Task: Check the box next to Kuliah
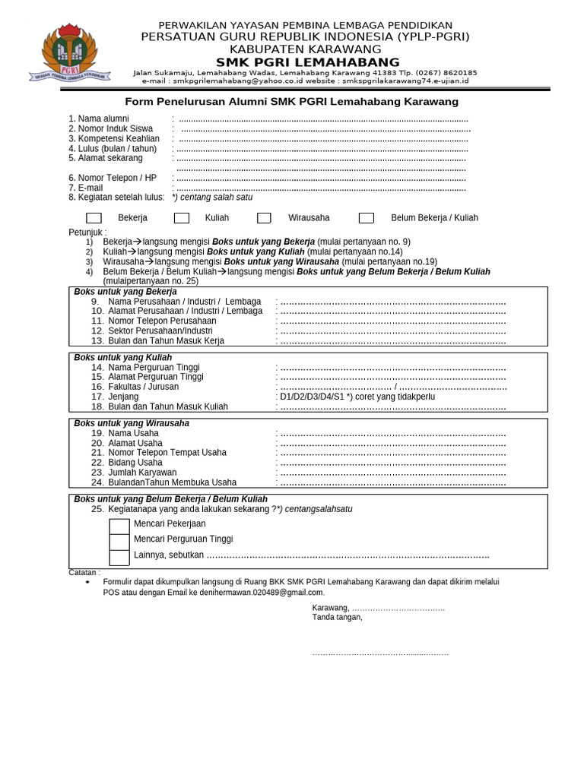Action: click(x=182, y=218)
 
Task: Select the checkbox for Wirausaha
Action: click(x=264, y=218)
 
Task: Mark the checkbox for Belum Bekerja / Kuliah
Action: click(x=367, y=218)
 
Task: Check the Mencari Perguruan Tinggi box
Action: click(x=119, y=541)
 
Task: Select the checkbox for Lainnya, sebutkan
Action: click(x=119, y=557)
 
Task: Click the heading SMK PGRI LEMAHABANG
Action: click(x=308, y=62)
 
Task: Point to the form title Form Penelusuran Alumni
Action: click(x=291, y=102)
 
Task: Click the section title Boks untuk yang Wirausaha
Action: click(x=132, y=423)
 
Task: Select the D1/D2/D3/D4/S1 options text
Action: click(x=312, y=397)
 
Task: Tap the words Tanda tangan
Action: click(x=337, y=617)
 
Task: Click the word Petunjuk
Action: click(x=87, y=232)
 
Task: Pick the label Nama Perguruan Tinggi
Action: click(x=154, y=368)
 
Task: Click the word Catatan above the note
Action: click(x=84, y=572)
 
